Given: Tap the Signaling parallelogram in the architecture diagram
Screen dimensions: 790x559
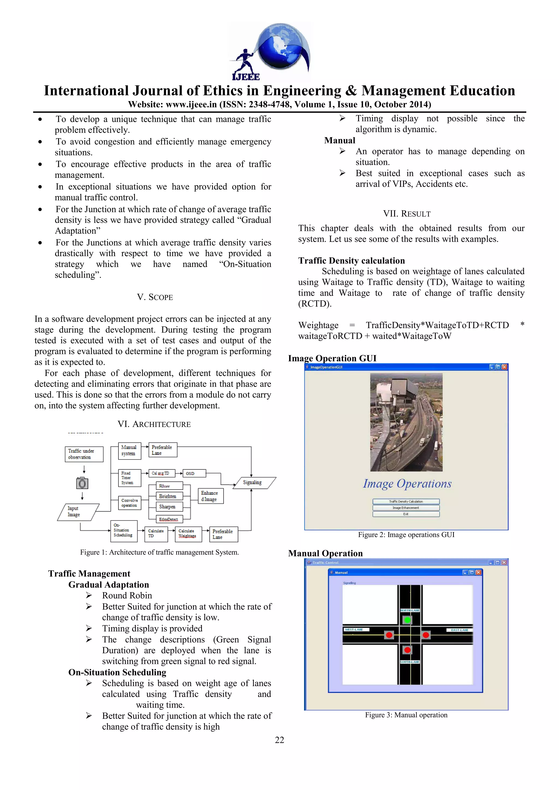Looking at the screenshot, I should pos(254,483).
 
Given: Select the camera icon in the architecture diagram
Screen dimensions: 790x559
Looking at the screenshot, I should pos(82,483).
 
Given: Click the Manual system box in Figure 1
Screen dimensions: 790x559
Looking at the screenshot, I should pos(129,450).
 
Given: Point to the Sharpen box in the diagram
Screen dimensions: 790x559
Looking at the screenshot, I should pos(167,506).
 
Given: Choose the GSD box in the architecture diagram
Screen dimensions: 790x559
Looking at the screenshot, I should pos(194,474).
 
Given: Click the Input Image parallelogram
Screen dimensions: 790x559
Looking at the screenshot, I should pos(78,512).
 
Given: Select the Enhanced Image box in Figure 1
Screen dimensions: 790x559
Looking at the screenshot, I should pos(210,496).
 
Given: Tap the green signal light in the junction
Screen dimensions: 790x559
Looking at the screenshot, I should pos(408,620).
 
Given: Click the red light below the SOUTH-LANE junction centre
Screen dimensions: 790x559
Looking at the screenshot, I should pos(408,650).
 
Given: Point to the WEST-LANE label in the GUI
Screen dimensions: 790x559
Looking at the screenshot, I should pos(355,630).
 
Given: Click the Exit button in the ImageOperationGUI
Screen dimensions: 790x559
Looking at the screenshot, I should pos(406,514).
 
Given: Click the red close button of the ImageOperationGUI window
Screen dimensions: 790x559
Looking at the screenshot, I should pos(504,367).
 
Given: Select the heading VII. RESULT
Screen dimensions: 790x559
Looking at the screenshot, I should pos(407,214).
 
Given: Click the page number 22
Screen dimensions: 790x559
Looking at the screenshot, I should pos(279,740).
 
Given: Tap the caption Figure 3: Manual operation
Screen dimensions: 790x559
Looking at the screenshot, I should pos(406,715).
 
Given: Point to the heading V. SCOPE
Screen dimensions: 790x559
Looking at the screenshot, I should pos(155,297).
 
